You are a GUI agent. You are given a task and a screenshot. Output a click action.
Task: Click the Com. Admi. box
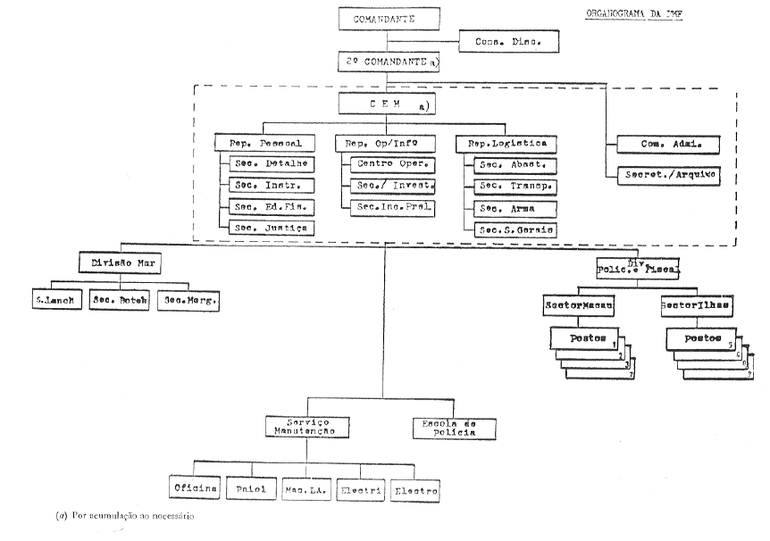[x=645, y=143]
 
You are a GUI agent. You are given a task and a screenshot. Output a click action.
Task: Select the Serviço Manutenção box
[x=305, y=426]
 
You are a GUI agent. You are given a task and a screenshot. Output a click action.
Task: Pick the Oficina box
[x=195, y=490]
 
